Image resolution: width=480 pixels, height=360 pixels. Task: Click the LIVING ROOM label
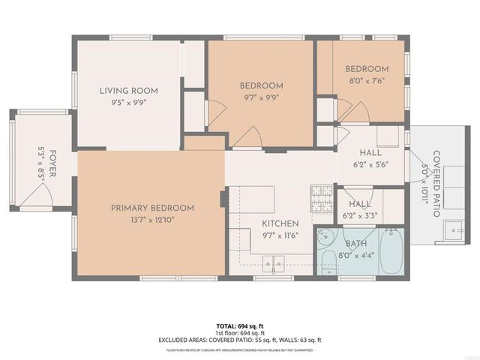129,91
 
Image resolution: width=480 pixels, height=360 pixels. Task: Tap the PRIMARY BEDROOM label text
152,208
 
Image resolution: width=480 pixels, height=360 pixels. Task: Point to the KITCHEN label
280,223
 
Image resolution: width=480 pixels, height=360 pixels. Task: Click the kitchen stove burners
321,197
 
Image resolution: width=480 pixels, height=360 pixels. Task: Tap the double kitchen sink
272,262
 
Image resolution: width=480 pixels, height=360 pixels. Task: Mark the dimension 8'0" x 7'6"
367,80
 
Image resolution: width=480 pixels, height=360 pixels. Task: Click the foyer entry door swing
37,196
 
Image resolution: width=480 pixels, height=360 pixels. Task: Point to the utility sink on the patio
453,230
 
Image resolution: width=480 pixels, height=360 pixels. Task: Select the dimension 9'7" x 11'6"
280,235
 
